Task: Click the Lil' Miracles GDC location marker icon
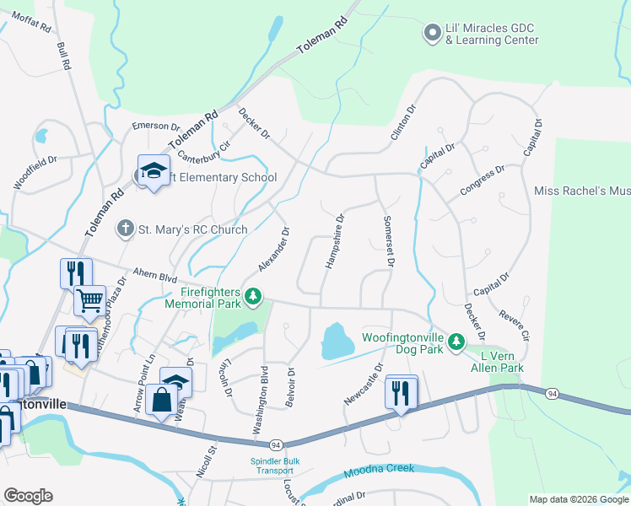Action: [x=432, y=34]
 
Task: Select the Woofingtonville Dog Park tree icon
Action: [x=456, y=340]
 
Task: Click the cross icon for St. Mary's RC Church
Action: [x=126, y=229]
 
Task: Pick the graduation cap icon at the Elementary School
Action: [x=154, y=171]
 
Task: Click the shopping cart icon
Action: [x=89, y=298]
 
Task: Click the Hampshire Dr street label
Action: [x=334, y=241]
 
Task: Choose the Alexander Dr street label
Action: [x=275, y=250]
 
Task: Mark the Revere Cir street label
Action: [x=514, y=324]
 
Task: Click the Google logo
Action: [x=28, y=496]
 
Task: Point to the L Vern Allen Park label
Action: [x=497, y=362]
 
